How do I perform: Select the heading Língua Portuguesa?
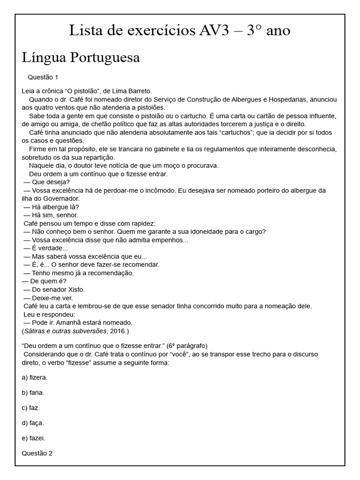point(81,58)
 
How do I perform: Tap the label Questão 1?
point(42,77)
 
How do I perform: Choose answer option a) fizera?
point(35,377)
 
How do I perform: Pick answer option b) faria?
point(33,392)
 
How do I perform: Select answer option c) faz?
point(30,407)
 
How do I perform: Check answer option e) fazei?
point(33,438)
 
